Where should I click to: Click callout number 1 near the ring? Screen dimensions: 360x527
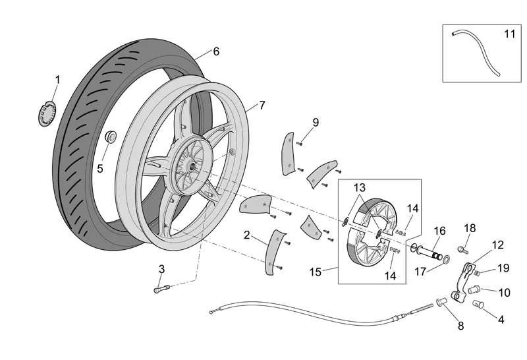(x=57, y=79)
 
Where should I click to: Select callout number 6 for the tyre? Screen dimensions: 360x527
(x=216, y=51)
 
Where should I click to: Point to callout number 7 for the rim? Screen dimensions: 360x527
(x=262, y=105)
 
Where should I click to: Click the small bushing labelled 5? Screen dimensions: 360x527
(x=111, y=137)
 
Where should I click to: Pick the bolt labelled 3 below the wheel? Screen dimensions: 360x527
(x=161, y=288)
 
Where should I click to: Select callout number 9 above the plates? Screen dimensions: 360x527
(x=316, y=122)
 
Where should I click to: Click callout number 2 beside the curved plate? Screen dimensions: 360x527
(x=246, y=235)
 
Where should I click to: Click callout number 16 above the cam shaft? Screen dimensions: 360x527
(x=440, y=231)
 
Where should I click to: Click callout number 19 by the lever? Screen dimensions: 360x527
(x=503, y=268)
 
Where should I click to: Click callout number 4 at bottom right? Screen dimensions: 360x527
(x=501, y=320)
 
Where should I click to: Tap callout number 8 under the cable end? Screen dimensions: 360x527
(x=460, y=325)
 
